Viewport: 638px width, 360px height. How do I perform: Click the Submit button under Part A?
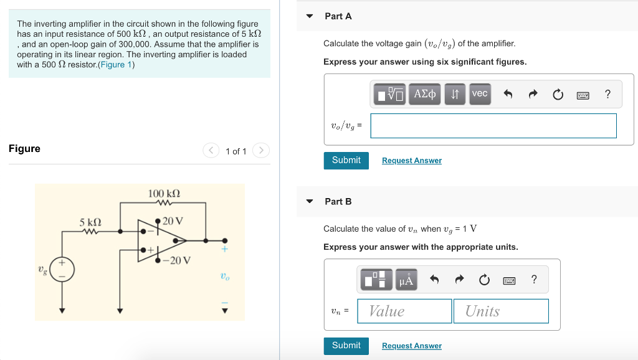click(x=346, y=160)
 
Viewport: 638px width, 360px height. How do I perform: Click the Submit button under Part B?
click(x=346, y=346)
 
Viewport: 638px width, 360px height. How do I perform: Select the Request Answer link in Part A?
click(x=411, y=161)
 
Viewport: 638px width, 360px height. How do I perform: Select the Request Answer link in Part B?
click(x=411, y=346)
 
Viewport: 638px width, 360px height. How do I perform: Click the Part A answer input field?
click(x=493, y=125)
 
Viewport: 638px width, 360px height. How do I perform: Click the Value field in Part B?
click(x=404, y=311)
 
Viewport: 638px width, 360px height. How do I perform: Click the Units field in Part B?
click(x=501, y=311)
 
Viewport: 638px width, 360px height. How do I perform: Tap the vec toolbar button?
click(x=480, y=93)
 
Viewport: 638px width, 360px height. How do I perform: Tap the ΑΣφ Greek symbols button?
click(x=425, y=94)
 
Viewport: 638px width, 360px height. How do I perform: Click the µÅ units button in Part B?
click(x=406, y=280)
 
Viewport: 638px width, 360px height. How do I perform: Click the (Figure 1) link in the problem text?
click(x=117, y=65)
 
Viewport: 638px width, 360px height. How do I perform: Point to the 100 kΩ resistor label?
click(x=164, y=194)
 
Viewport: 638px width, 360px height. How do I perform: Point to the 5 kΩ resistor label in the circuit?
click(x=90, y=222)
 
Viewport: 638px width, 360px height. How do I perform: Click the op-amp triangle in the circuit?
click(x=168, y=240)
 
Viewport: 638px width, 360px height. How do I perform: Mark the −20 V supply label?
click(x=177, y=260)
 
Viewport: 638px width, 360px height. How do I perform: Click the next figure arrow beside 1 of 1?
click(x=262, y=151)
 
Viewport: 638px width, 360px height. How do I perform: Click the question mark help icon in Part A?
click(x=607, y=94)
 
